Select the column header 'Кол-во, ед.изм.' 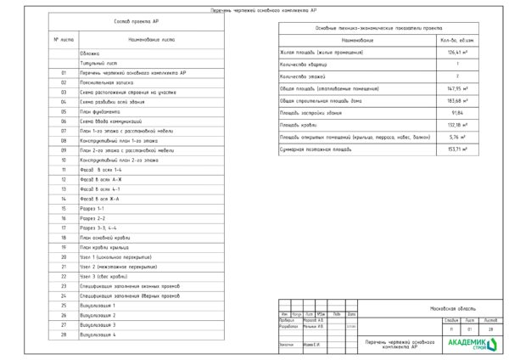pyautogui.click(x=458, y=40)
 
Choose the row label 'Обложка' pyautogui.click(x=90, y=53)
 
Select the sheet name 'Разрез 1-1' pyautogui.click(x=92, y=208)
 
